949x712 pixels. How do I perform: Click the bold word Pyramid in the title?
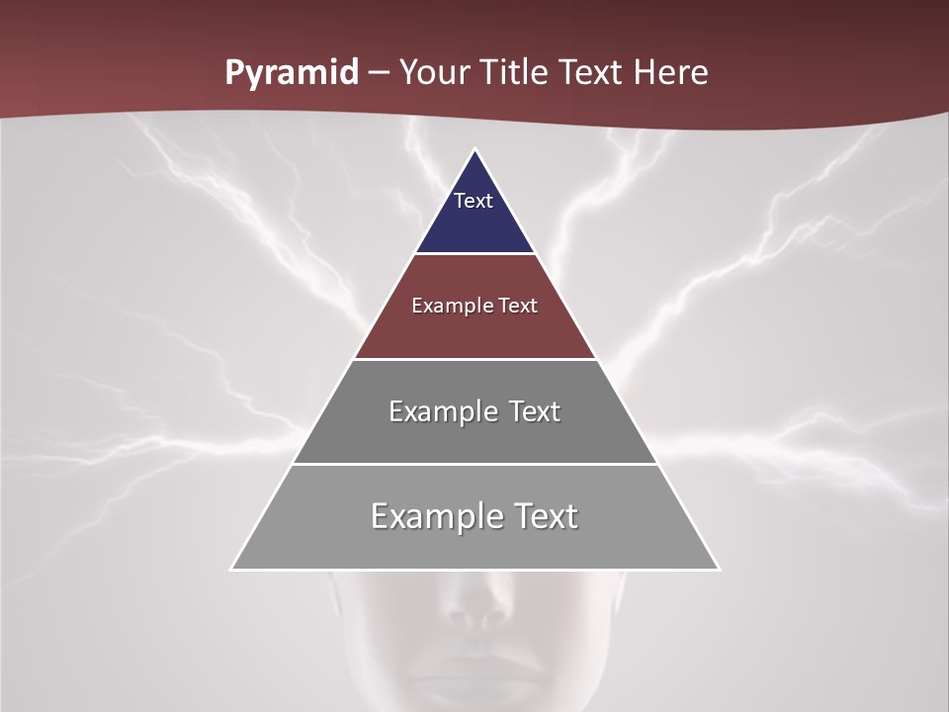[x=292, y=73]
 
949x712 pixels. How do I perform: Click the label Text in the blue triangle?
[x=474, y=201]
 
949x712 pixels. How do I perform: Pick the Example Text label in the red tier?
[x=474, y=306]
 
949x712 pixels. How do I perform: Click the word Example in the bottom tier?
[x=435, y=516]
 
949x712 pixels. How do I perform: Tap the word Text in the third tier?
[x=531, y=411]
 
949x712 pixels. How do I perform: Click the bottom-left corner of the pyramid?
[x=232, y=569]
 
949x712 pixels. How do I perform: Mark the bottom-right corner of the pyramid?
[x=718, y=569]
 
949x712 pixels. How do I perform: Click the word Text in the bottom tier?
[x=543, y=516]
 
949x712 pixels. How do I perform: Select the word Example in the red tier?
[x=446, y=306]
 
